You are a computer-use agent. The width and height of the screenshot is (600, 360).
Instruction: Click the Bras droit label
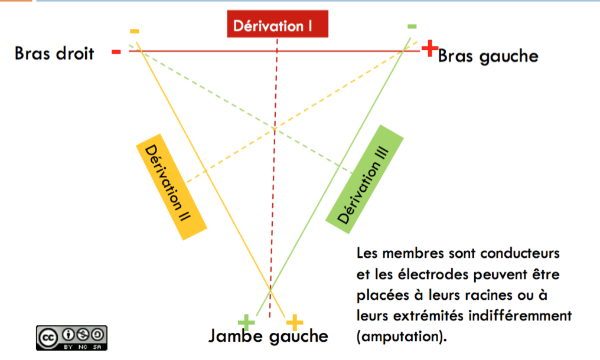tap(54, 53)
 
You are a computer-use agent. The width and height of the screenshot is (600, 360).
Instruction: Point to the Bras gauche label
tap(488, 56)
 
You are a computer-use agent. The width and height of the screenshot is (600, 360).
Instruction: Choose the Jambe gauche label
tap(268, 336)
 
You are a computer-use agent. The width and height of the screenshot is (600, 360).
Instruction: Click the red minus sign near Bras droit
tap(116, 52)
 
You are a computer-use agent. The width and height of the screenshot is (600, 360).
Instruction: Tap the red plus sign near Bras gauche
tap(431, 47)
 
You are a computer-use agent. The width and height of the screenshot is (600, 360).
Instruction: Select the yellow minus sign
tap(135, 31)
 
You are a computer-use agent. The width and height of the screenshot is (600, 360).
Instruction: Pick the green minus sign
tap(412, 26)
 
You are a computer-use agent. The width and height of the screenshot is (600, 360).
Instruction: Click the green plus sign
tap(246, 322)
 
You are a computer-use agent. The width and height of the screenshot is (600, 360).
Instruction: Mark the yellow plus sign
tap(294, 322)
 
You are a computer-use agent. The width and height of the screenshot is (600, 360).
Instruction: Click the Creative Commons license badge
tap(72, 337)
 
